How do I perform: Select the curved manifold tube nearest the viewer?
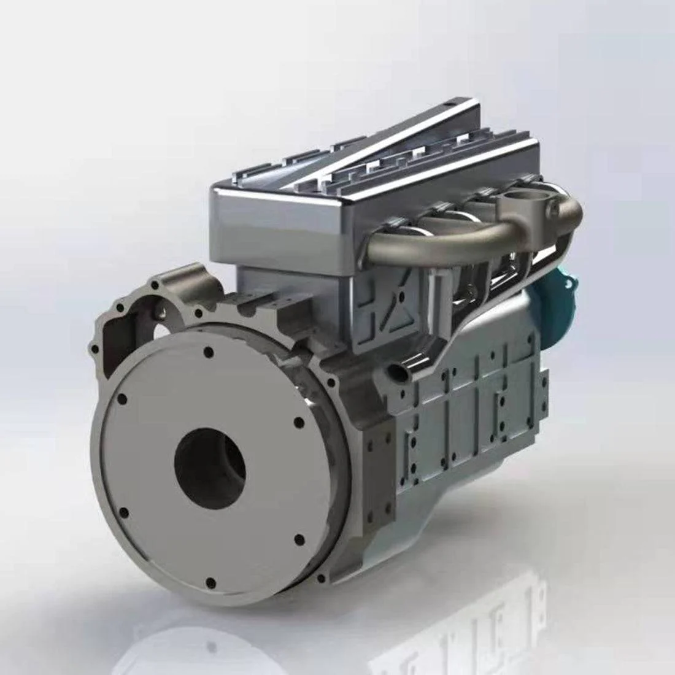click(430, 242)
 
